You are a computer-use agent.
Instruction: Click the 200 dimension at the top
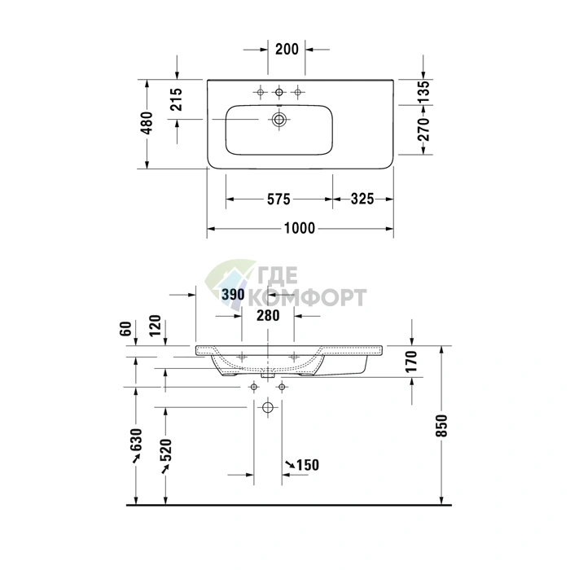(287, 49)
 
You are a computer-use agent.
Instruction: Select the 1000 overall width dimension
(299, 228)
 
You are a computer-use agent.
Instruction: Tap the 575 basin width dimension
(278, 199)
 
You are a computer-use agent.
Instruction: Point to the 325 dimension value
(362, 199)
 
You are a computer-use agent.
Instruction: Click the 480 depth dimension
(147, 123)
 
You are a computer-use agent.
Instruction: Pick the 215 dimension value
(177, 99)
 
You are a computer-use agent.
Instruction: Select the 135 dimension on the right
(423, 92)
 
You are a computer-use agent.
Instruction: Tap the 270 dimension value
(423, 129)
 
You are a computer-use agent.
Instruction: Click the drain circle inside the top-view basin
(279, 119)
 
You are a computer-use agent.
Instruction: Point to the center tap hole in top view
(278, 92)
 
